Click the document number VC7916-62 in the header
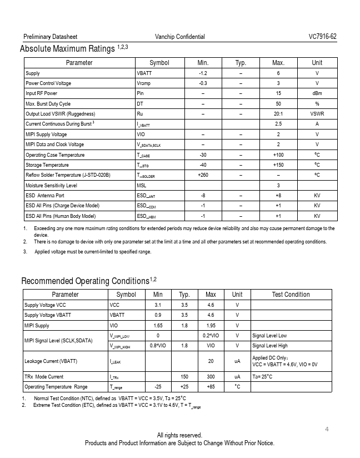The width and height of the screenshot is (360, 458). pyautogui.click(x=322, y=37)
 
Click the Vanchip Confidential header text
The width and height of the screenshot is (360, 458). pyautogui.click(x=180, y=37)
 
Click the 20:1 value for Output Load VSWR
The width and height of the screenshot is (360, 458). pyautogui.click(x=278, y=114)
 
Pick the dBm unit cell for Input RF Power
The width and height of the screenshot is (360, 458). pyautogui.click(x=317, y=93)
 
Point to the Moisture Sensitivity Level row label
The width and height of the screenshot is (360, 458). pyautogui.click(x=51, y=186)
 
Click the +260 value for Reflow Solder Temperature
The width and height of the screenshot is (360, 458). pyautogui.click(x=203, y=175)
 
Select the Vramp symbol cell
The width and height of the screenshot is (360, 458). pyautogui.click(x=143, y=83)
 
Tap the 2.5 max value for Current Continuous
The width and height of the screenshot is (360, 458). pyautogui.click(x=278, y=124)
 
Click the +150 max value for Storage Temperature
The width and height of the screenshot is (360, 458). pyautogui.click(x=278, y=165)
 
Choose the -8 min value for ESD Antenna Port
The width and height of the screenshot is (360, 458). pyautogui.click(x=203, y=196)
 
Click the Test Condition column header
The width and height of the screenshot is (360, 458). pyautogui.click(x=291, y=295)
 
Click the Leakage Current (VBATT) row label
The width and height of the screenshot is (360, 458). pyautogui.click(x=51, y=361)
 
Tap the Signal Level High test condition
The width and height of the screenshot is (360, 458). pyautogui.click(x=269, y=346)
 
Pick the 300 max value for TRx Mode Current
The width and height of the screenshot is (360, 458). pyautogui.click(x=211, y=377)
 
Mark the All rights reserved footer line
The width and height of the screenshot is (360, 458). pyautogui.click(x=179, y=435)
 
